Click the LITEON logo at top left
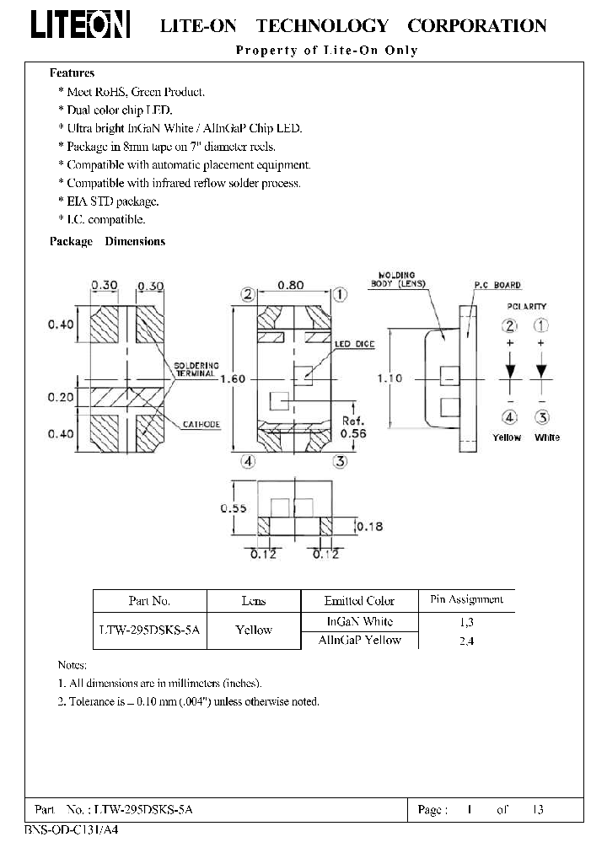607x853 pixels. [x=81, y=26]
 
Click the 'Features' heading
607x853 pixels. [x=73, y=73]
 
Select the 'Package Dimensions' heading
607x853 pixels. [x=107, y=241]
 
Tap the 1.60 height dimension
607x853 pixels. [x=232, y=379]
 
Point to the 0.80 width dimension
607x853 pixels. [x=292, y=286]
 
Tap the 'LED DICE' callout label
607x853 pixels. [x=354, y=345]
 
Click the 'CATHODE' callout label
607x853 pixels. [x=201, y=424]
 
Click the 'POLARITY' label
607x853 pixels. [x=527, y=307]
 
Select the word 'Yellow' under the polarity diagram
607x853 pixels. [x=507, y=437]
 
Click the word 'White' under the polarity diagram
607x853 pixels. [x=547, y=437]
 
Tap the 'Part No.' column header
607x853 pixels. [x=149, y=601]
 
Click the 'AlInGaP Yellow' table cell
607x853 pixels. [x=359, y=640]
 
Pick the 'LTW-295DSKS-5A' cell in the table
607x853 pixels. [x=150, y=630]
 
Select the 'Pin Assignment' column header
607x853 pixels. [x=466, y=599]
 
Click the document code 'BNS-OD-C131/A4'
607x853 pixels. [x=67, y=829]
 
